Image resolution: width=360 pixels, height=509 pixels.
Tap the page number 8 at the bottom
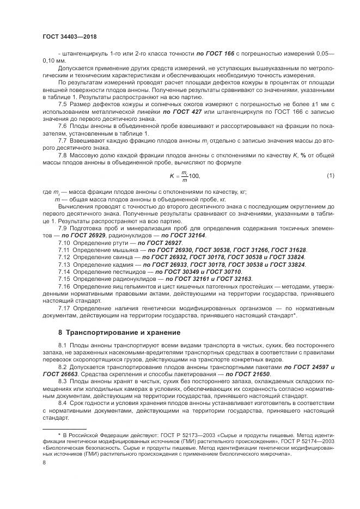[44, 463]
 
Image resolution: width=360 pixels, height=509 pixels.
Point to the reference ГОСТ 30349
[174, 271]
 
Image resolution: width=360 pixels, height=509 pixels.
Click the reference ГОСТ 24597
[308, 368]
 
